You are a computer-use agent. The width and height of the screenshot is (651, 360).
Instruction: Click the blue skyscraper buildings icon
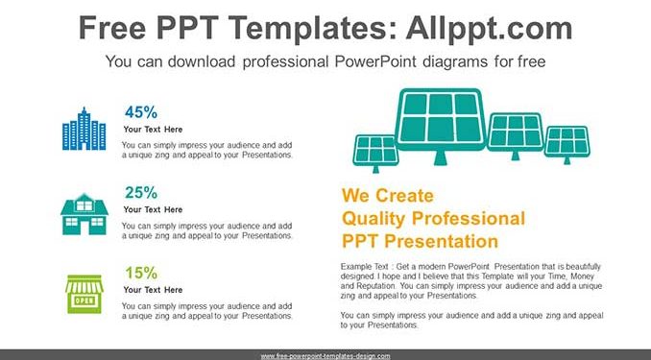pos(84,129)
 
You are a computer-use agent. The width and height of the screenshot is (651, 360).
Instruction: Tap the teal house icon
pos(84,214)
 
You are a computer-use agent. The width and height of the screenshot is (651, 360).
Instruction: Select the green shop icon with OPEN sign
pos(84,294)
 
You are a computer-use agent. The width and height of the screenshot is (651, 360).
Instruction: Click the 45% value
pos(141,112)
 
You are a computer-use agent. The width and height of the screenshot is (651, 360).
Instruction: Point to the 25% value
pos(141,193)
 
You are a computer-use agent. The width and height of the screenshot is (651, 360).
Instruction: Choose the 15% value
pos(141,273)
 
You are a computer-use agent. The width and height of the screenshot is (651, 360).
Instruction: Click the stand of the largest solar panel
pos(441,157)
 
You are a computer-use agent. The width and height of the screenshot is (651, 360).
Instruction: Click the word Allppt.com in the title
pos(489,28)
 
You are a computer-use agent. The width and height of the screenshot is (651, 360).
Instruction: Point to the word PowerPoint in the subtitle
pos(375,61)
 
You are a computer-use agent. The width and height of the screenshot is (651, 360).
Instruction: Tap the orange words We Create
pos(387,196)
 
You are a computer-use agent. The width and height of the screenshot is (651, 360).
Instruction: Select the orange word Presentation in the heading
pos(441,241)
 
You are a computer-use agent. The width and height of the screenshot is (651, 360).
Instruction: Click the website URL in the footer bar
pos(325,356)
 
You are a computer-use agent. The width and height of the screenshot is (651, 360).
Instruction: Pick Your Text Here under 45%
pos(153,130)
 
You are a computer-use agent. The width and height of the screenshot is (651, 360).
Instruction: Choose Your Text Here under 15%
pos(153,290)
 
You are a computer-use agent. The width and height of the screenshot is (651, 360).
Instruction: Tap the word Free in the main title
pos(112,28)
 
